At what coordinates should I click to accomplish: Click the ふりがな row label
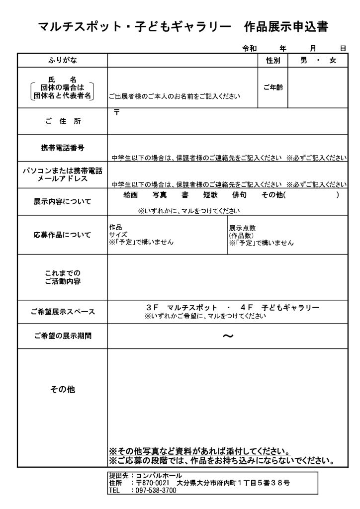63,61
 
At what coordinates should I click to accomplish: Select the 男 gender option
303,61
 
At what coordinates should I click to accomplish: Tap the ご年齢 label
272,87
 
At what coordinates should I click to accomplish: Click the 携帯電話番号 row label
63,148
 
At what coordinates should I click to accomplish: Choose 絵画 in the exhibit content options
130,195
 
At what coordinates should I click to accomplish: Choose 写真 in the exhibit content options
160,195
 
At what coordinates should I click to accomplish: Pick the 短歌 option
210,195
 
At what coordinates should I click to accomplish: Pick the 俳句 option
239,195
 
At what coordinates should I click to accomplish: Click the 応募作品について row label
63,235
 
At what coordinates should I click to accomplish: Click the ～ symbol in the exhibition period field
227,336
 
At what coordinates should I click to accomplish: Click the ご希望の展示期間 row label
63,336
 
